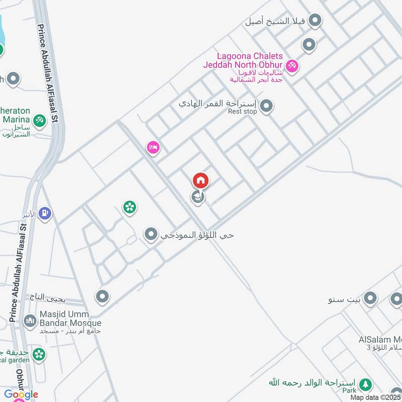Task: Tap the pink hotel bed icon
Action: click(x=153, y=147)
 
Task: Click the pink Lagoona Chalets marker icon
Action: click(x=291, y=65)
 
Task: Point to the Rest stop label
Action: click(x=243, y=112)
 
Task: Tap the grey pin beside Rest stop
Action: click(x=266, y=106)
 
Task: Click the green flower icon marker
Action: click(x=130, y=207)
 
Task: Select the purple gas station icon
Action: click(x=45, y=214)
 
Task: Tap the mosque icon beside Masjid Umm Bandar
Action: click(x=30, y=320)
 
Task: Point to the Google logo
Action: click(x=21, y=394)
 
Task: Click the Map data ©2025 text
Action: click(x=375, y=397)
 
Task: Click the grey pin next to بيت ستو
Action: click(x=370, y=299)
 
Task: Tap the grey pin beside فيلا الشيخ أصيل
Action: click(x=315, y=21)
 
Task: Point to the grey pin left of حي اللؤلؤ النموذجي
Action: click(x=151, y=234)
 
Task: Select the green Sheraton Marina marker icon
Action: click(x=39, y=121)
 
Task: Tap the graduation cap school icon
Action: click(x=197, y=197)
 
